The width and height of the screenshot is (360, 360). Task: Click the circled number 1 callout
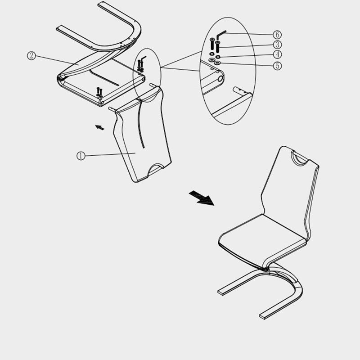point(80,156)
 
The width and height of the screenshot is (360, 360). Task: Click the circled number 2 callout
point(31,56)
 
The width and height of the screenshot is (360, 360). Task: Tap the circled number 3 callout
point(277,45)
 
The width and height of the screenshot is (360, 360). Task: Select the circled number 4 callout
point(277,54)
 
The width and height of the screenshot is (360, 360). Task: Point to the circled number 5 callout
point(277,66)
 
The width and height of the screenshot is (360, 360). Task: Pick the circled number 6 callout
point(277,35)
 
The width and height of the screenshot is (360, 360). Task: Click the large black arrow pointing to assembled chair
point(201,198)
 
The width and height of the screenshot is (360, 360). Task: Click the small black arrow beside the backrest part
point(99,127)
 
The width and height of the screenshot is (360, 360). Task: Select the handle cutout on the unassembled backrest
point(156,169)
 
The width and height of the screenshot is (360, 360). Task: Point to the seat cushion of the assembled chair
point(261,232)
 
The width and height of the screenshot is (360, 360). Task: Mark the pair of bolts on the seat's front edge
point(99,92)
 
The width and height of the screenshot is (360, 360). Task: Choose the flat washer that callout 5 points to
point(218,63)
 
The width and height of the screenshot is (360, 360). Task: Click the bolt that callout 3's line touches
point(218,45)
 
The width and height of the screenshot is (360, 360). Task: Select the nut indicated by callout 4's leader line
point(218,56)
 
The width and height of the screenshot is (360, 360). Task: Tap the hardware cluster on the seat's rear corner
point(141,64)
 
